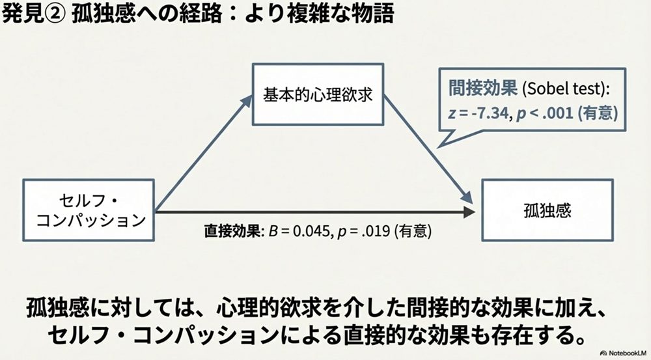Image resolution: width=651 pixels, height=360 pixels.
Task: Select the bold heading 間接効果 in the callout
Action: click(x=482, y=88)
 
